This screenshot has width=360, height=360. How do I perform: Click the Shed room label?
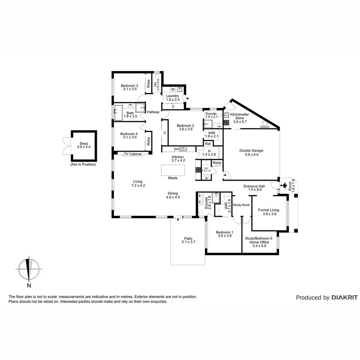[84, 144]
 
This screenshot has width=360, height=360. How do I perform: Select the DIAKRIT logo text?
[344, 298]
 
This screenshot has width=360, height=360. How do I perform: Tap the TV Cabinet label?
[133, 154]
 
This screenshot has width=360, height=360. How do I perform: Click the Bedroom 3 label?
[129, 86]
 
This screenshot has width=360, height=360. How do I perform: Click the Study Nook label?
[241, 205]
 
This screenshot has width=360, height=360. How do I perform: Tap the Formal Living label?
[269, 210]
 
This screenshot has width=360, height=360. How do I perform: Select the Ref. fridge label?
[208, 144]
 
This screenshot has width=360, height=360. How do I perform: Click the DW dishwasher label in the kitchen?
[177, 149]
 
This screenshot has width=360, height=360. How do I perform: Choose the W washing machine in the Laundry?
[173, 89]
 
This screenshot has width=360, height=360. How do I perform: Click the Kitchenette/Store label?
[239, 116]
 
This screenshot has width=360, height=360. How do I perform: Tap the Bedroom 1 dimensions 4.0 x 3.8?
[224, 236]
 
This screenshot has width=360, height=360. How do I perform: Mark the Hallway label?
[153, 112]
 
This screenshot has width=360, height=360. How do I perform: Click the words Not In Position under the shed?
[83, 164]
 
